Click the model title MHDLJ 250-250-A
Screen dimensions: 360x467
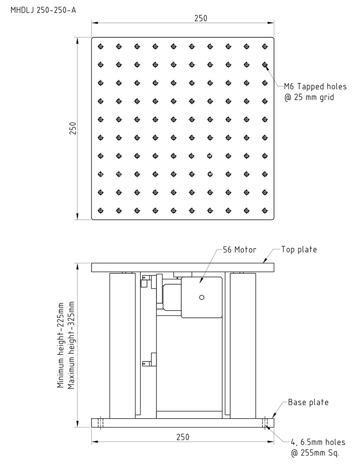pyautogui.click(x=43, y=10)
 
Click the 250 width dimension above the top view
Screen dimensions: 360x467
pyautogui.click(x=201, y=18)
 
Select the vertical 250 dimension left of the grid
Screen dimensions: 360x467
pyautogui.click(x=73, y=128)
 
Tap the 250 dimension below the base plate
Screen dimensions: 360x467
pyautogui.click(x=182, y=437)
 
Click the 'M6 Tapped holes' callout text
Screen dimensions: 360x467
pyautogui.click(x=315, y=86)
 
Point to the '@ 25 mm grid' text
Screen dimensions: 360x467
pyautogui.click(x=309, y=97)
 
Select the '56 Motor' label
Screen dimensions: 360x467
pyautogui.click(x=239, y=249)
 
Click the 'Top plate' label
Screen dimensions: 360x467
pyautogui.click(x=299, y=249)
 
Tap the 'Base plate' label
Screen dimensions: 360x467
pyautogui.click(x=308, y=403)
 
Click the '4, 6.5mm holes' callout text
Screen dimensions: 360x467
pyautogui.click(x=318, y=442)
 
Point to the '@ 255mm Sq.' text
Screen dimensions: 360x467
pyautogui.click(x=315, y=453)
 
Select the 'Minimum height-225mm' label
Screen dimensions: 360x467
pyautogui.click(x=60, y=345)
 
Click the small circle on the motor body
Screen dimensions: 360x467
pyautogui.click(x=202, y=297)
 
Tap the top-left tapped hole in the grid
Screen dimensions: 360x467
pyautogui.click(x=101, y=46)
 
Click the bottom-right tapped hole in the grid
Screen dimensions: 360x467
pyautogui.click(x=265, y=210)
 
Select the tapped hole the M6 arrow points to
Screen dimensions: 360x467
pyautogui.click(x=265, y=64)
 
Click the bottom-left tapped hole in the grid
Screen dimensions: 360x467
pyautogui.click(x=101, y=210)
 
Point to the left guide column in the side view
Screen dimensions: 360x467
pyautogui.click(x=123, y=345)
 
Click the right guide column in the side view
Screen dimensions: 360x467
pyautogui.click(x=243, y=345)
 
